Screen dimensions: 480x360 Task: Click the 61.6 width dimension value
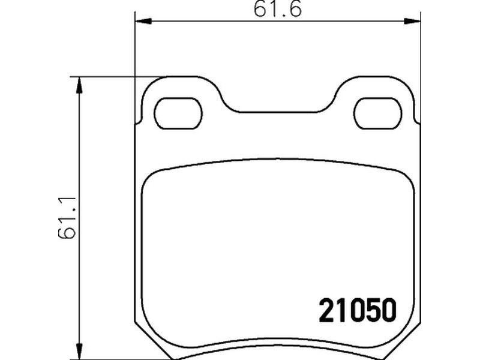(278, 8)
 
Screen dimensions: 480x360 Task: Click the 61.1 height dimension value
(67, 217)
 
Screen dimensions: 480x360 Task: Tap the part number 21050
(358, 310)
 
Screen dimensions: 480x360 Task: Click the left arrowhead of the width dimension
(143, 21)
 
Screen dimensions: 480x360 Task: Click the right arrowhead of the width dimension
(412, 21)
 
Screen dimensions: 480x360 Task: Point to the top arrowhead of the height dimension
(79, 85)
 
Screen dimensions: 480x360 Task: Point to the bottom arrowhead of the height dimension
(79, 351)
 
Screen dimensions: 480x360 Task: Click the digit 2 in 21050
(326, 310)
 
